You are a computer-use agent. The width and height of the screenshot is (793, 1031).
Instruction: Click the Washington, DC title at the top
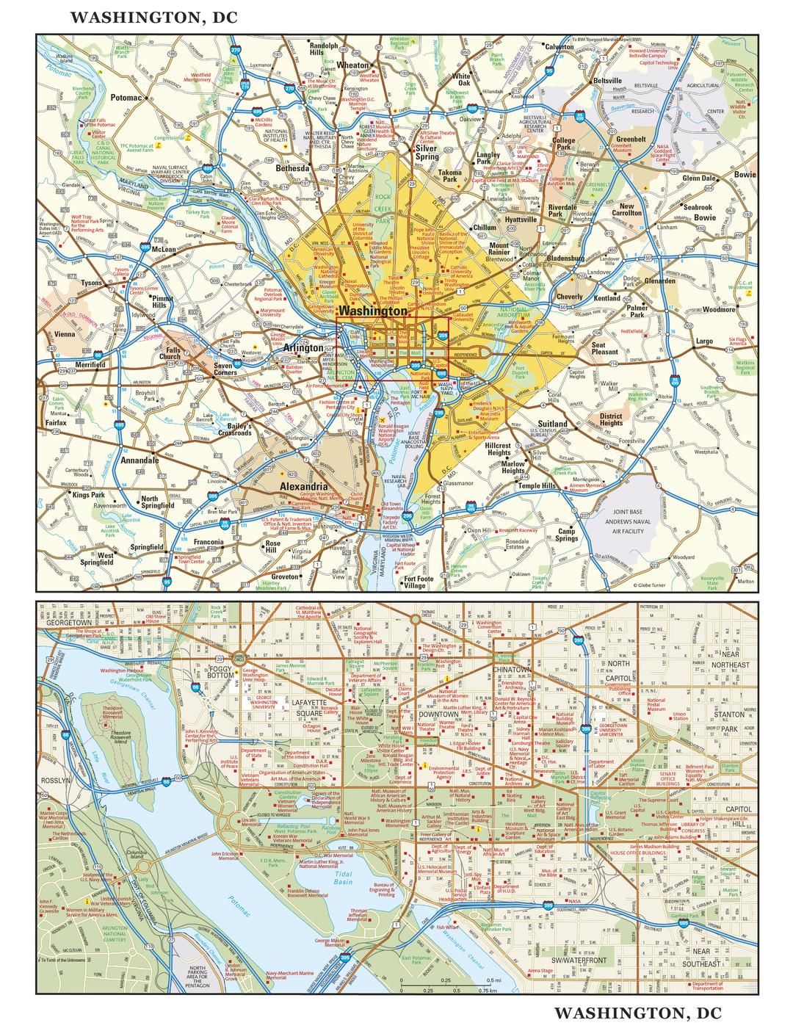coord(154,18)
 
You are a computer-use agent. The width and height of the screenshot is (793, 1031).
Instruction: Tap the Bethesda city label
coord(292,168)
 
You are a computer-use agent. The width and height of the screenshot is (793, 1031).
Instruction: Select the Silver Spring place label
coord(426,152)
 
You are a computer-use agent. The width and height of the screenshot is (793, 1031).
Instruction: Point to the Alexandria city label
coord(304,487)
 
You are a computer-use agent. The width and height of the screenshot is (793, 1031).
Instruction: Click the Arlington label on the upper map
coord(303,347)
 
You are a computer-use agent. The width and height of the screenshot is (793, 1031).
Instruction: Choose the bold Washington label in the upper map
coord(373,311)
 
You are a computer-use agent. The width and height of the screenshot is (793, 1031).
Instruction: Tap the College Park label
coord(564,143)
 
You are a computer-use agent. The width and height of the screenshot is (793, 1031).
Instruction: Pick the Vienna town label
coord(65,334)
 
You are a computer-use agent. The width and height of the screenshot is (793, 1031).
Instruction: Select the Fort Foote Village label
coord(419,582)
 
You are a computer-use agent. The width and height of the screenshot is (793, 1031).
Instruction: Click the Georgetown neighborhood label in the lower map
coord(68,622)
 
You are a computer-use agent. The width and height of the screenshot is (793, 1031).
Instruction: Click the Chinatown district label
coord(512,670)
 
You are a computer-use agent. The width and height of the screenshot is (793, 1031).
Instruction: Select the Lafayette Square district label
coord(308,707)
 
